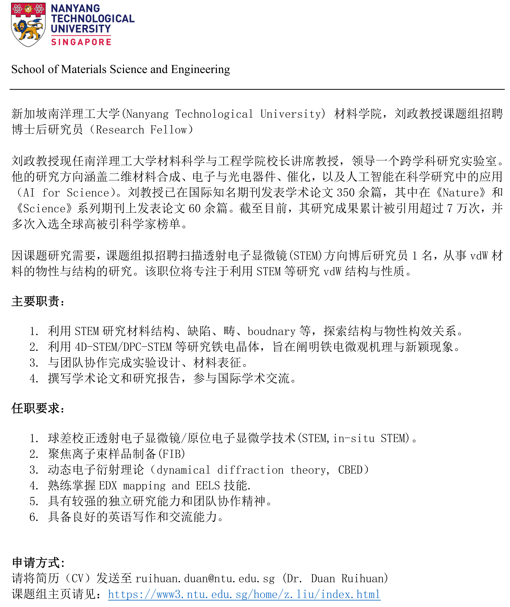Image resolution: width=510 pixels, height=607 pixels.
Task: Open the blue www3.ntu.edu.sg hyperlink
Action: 244,594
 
